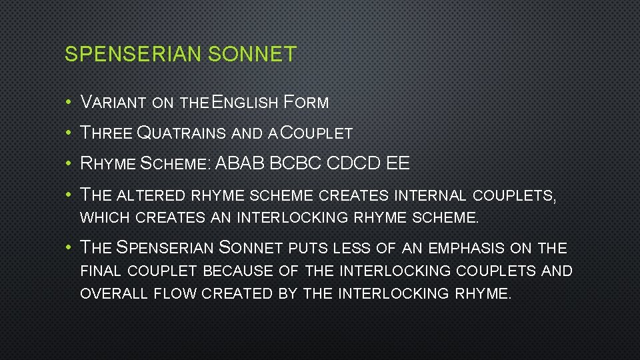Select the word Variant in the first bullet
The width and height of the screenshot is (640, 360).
coord(113,103)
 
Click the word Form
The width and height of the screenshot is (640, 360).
coord(306,103)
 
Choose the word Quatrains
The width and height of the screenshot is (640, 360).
coord(181,133)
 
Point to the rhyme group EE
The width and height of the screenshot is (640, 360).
coord(398,164)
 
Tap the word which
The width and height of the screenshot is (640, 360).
coord(105,217)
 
